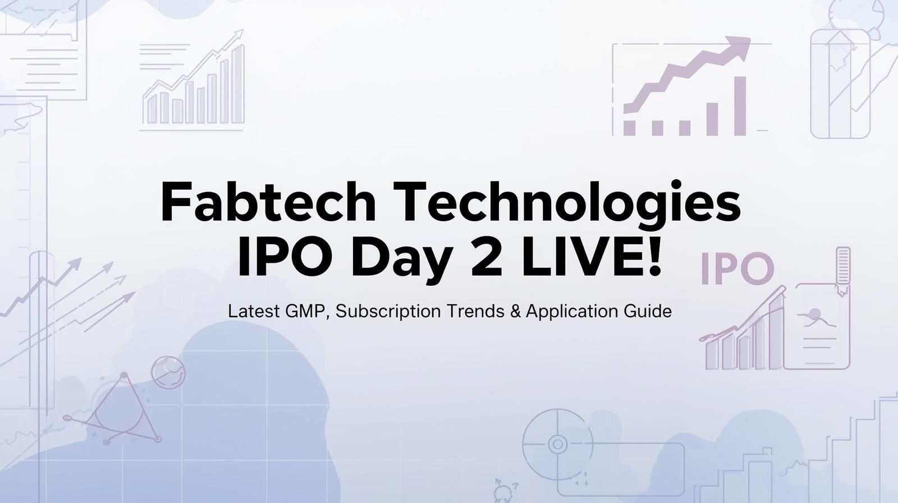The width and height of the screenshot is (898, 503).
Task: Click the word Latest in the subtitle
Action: tap(254, 311)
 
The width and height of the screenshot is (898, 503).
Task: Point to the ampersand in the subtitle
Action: tap(516, 311)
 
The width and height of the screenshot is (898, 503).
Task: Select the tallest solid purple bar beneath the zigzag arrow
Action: tap(740, 106)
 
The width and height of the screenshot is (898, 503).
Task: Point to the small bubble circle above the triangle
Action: tap(168, 372)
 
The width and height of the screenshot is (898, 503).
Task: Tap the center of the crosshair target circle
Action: tap(557, 444)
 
